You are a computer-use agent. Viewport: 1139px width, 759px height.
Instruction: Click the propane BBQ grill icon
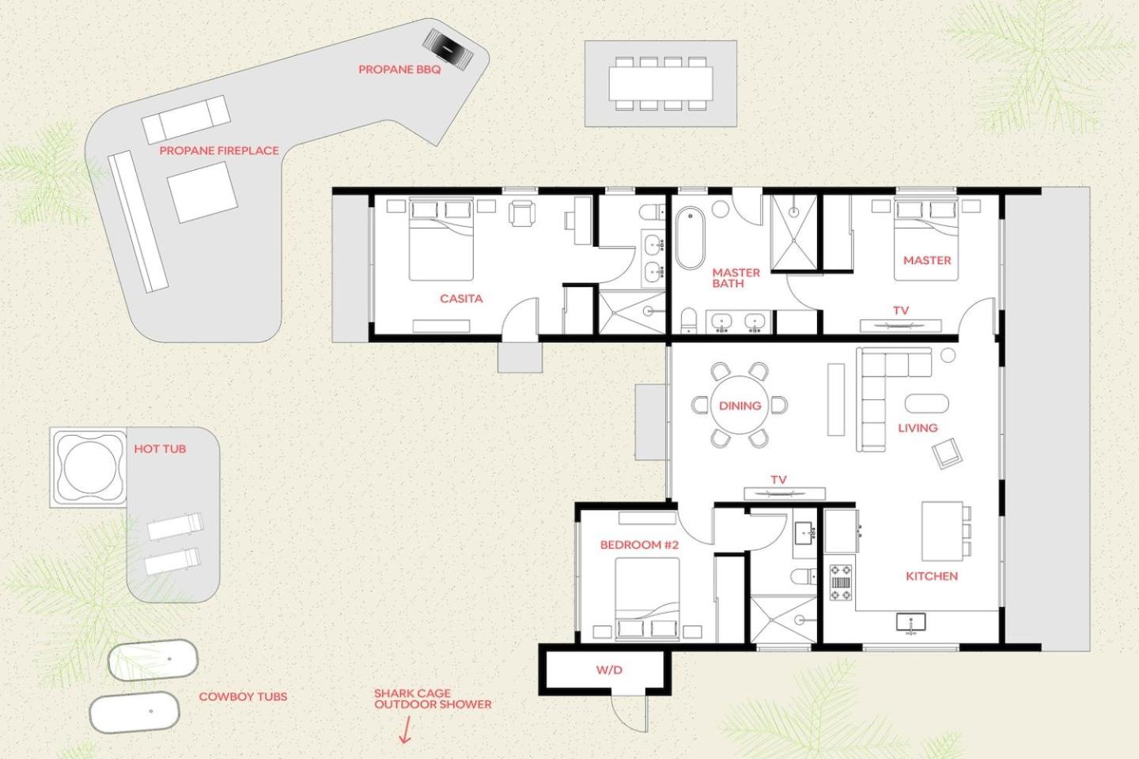click(x=448, y=47)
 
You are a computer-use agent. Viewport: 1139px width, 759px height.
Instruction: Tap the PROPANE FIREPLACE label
click(x=219, y=150)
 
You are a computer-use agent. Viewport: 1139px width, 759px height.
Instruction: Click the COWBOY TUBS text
click(x=243, y=697)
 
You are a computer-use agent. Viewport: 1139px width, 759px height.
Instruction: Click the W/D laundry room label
click(x=609, y=670)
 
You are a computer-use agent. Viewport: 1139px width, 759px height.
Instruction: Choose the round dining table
click(x=740, y=405)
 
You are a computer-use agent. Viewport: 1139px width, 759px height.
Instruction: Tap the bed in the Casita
click(x=441, y=239)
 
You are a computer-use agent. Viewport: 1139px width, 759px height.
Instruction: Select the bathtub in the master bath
click(x=690, y=237)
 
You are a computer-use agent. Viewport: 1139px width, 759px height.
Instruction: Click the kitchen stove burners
click(x=841, y=583)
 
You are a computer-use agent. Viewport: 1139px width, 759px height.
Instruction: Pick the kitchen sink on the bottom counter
click(x=910, y=622)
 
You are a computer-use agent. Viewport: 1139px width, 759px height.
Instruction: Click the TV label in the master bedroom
click(x=901, y=310)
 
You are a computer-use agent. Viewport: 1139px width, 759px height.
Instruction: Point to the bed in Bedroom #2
click(x=647, y=599)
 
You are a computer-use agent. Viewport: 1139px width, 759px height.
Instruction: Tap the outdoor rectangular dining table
click(x=660, y=83)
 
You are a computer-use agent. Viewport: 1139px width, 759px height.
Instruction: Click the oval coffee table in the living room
click(x=926, y=404)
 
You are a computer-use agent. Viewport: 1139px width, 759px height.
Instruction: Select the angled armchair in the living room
click(x=947, y=453)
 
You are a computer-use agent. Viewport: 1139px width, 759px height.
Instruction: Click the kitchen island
click(x=942, y=531)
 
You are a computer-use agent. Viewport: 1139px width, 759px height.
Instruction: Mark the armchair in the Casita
click(x=522, y=213)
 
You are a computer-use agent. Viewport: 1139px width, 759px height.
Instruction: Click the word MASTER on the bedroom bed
click(x=927, y=260)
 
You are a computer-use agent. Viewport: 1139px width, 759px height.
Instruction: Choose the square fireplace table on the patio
click(x=202, y=192)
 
